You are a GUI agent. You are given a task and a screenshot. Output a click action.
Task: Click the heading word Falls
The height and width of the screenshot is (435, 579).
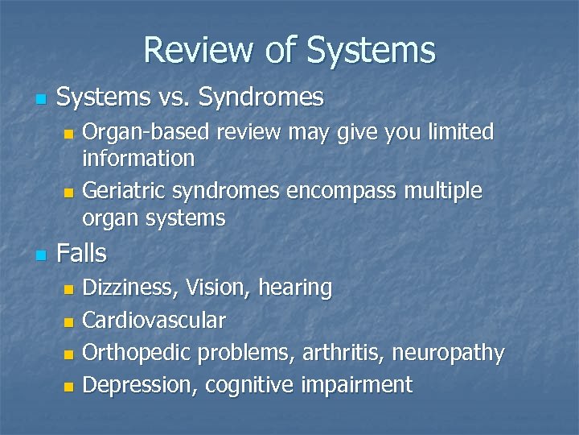click(x=81, y=254)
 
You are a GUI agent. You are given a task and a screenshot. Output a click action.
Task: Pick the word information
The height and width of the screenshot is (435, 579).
click(x=138, y=158)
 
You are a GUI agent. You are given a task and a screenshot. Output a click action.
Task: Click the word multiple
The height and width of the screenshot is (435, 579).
click(x=445, y=192)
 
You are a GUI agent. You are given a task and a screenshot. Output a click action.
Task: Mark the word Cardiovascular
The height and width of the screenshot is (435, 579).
click(x=154, y=321)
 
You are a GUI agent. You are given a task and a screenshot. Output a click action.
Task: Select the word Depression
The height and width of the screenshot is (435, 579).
click(x=140, y=386)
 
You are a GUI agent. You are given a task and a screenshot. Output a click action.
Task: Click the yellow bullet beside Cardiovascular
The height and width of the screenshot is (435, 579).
click(x=69, y=321)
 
